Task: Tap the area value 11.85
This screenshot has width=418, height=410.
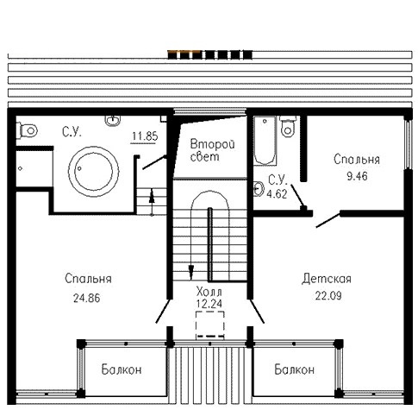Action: coord(145,136)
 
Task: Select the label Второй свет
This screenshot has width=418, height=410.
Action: coord(212,150)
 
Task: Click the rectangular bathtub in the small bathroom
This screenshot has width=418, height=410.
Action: coord(265,141)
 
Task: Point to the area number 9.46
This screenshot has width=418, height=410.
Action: coord(357,176)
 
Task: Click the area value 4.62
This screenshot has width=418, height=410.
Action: coord(277,194)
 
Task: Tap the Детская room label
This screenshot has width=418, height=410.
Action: coord(327,279)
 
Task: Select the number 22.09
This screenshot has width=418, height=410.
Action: coord(328,296)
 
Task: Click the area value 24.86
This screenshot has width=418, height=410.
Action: coord(87,299)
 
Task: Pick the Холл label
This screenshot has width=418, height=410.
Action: coord(209,292)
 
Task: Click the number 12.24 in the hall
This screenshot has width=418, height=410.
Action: coord(209,304)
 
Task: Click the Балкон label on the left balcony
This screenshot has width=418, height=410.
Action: coord(122,369)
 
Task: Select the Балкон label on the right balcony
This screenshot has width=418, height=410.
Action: coord(295,369)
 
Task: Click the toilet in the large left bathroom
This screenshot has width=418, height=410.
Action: coord(27,131)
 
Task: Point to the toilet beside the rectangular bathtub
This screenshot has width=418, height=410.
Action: coord(288,127)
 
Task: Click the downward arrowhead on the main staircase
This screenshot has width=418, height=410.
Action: coord(190,272)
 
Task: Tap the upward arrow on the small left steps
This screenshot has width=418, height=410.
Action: coord(152,201)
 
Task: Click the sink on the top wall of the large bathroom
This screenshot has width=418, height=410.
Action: coord(113,121)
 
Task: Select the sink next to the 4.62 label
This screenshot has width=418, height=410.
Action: coord(259,189)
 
